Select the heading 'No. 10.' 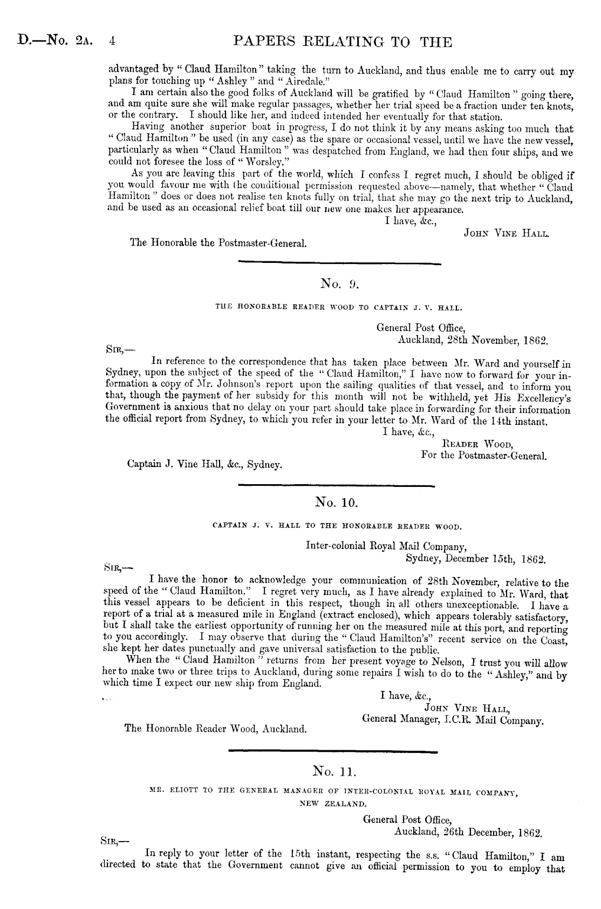click(x=336, y=503)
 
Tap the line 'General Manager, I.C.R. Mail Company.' click(x=453, y=720)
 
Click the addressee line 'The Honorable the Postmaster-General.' click(x=218, y=243)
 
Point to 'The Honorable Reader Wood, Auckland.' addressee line click(x=216, y=728)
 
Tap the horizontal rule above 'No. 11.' click(x=333, y=751)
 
